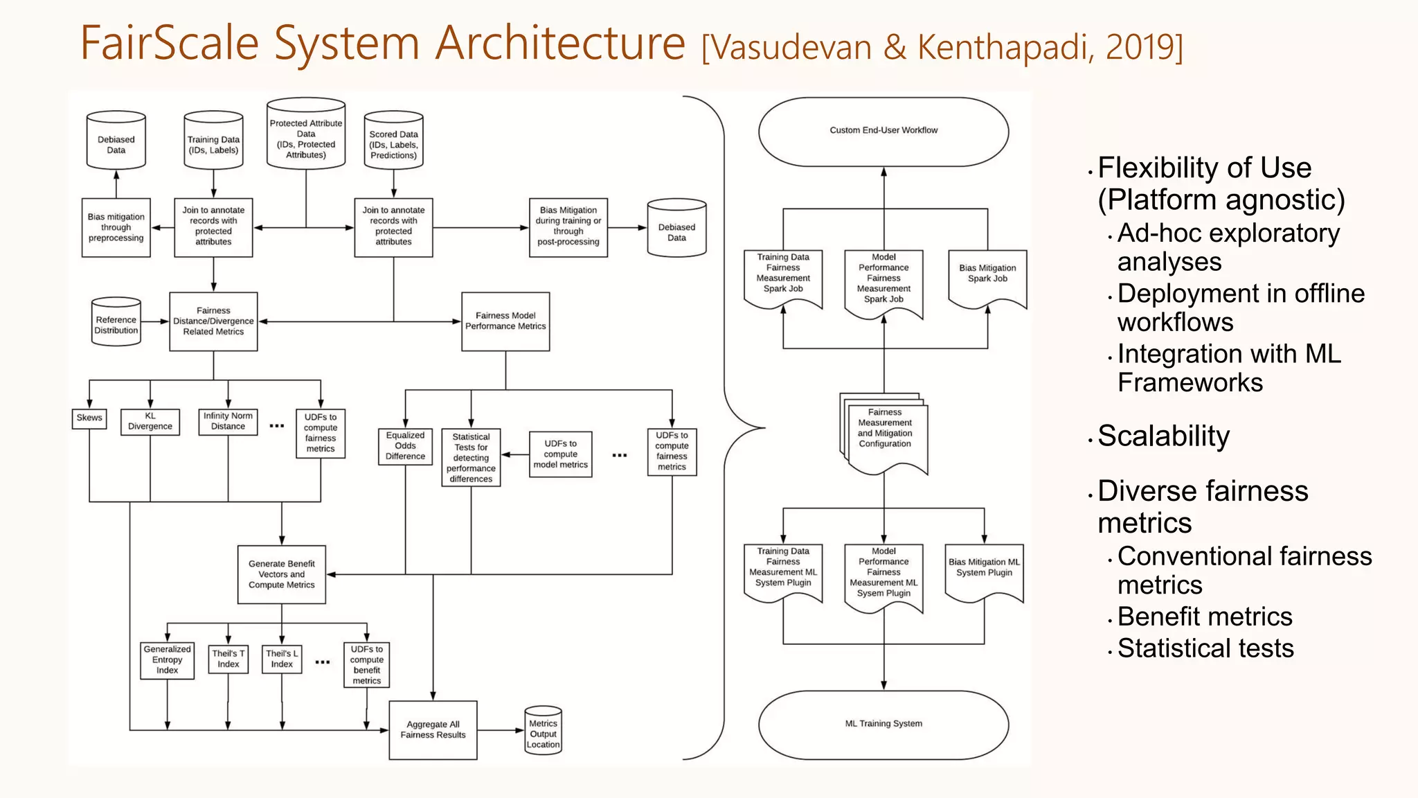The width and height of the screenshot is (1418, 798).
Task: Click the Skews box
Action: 89,418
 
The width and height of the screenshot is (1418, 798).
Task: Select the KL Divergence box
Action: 150,422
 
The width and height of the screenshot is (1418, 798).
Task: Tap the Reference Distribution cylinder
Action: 116,323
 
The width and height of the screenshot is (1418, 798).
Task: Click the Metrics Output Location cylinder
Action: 543,732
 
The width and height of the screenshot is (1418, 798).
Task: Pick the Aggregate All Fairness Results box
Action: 433,730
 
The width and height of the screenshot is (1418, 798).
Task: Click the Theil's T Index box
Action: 228,659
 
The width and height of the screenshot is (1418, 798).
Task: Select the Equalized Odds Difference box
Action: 405,446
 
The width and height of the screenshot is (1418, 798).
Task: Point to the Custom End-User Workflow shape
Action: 883,131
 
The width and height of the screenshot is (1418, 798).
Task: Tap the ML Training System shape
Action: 883,724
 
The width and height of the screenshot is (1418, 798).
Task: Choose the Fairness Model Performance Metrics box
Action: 505,321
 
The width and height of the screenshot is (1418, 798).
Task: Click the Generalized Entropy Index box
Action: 167,660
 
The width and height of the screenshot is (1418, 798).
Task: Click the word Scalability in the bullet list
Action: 1163,436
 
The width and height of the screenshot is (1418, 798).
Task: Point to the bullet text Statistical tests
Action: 1205,648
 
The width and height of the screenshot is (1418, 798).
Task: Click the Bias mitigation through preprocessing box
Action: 116,228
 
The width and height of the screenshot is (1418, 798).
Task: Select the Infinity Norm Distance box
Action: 228,421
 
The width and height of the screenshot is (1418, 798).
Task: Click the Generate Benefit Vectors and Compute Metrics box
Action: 281,575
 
